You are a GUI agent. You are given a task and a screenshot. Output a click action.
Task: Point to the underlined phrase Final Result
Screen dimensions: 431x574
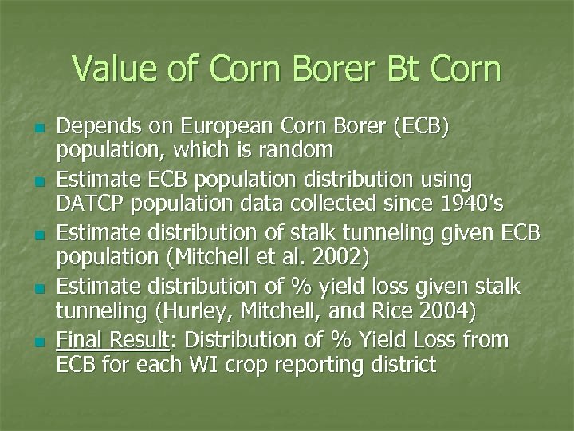coord(112,340)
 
